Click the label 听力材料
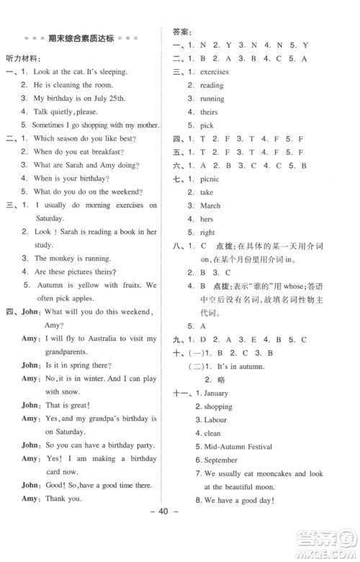pyautogui.click(x=24, y=56)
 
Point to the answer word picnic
pyautogui.click(x=211, y=179)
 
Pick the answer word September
pyautogui.click(x=220, y=460)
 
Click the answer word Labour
pyautogui.click(x=215, y=420)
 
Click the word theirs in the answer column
pyautogui.click(x=210, y=112)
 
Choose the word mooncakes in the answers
pyautogui.click(x=279, y=473)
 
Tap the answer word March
pyautogui.click(x=210, y=205)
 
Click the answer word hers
pyautogui.click(x=207, y=219)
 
